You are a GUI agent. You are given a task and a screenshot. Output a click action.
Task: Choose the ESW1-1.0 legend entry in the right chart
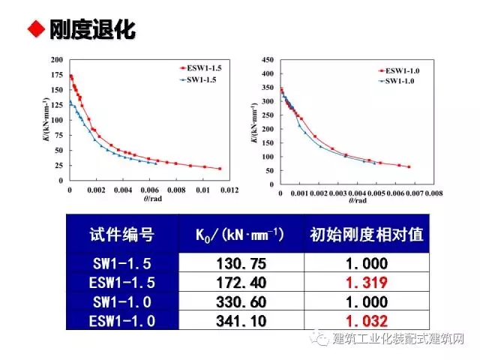click(x=403, y=70)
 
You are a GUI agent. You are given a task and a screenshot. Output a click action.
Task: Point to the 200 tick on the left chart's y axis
click(x=56, y=60)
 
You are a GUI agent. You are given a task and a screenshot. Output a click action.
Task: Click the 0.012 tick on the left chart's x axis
click(x=229, y=190)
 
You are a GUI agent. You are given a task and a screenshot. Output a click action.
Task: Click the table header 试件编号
click(x=121, y=235)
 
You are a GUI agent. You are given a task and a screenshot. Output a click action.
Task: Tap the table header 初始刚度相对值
click(x=366, y=235)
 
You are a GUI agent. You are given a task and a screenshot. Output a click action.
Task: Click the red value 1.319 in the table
click(x=366, y=283)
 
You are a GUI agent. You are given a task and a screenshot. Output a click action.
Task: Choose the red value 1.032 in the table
click(x=366, y=320)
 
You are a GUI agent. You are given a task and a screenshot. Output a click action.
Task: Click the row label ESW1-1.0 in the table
click(x=121, y=320)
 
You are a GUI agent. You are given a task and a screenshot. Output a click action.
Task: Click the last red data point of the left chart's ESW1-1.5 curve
click(x=220, y=169)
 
